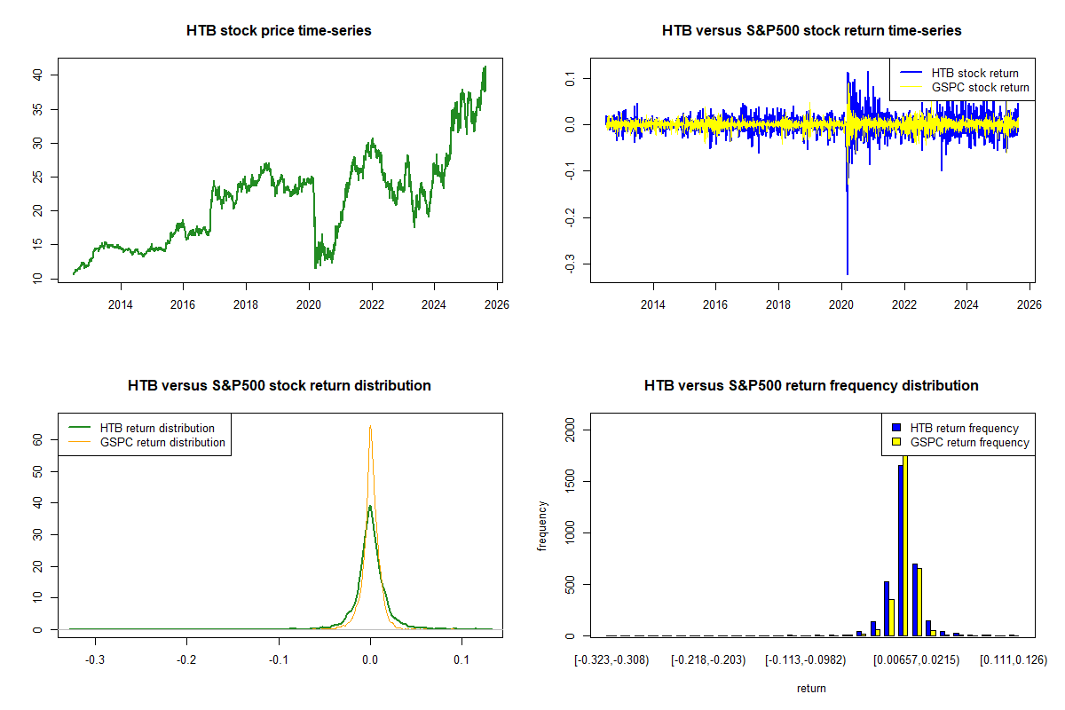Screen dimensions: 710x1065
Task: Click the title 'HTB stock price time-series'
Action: coord(279,30)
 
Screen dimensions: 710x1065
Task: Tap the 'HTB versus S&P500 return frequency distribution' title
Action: coord(811,385)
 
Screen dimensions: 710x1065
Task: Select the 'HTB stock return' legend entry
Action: coord(974,73)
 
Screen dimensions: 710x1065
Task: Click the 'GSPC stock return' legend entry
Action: coord(980,87)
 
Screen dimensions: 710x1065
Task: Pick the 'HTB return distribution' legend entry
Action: coord(157,428)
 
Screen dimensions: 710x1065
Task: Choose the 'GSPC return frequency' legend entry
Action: coord(969,442)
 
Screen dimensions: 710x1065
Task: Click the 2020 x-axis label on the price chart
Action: coord(309,304)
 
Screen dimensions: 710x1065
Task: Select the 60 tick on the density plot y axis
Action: coord(38,438)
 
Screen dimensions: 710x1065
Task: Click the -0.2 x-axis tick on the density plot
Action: coord(186,660)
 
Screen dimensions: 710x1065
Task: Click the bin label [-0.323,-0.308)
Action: coord(612,660)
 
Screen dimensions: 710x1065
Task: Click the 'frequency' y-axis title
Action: coord(542,526)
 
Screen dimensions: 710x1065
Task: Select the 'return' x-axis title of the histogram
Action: coord(811,688)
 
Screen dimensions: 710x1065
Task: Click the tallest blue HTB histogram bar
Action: coord(900,550)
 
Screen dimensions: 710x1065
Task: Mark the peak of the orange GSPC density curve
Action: coord(370,427)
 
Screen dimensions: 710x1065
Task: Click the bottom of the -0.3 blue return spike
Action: coord(847,273)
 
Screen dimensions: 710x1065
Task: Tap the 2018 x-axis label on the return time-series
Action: coord(778,304)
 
